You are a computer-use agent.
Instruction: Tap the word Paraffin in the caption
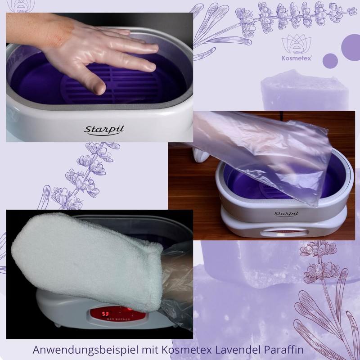285,349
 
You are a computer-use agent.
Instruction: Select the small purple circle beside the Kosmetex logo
330,61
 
